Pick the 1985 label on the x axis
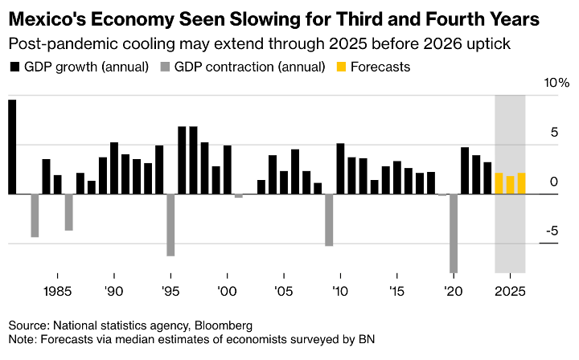coord(56,291)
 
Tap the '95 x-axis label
coord(170,291)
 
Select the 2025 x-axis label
coord(510,291)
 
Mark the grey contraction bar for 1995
coord(170,225)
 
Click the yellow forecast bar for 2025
coord(510,185)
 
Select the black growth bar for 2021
coord(465,170)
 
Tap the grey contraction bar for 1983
coord(35,215)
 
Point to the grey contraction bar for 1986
coord(69,212)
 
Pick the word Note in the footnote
coord(22,339)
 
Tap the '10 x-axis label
coord(340,291)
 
